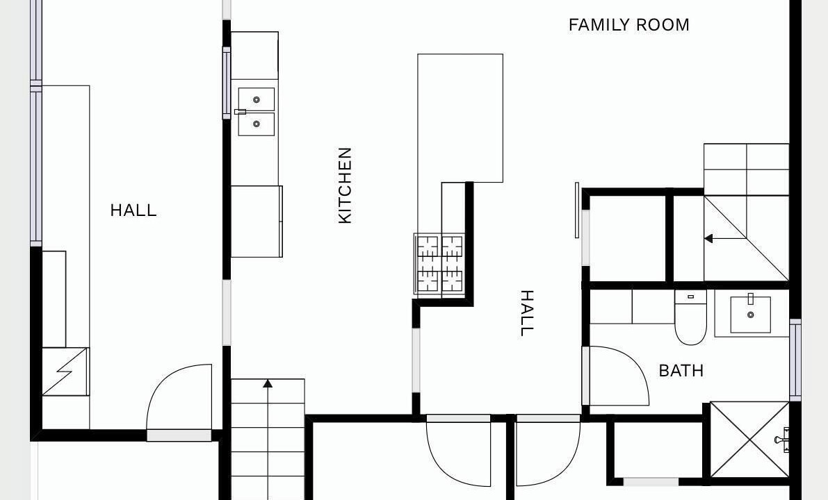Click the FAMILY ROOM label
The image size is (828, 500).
click(x=628, y=25)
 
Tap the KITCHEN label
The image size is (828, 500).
click(x=345, y=185)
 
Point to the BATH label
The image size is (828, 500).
click(x=681, y=371)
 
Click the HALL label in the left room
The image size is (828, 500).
click(x=133, y=210)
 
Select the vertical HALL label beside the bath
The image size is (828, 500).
click(x=527, y=312)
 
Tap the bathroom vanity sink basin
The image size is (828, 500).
click(x=750, y=315)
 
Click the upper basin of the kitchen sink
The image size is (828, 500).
click(x=256, y=99)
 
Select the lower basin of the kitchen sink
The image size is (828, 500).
click(x=256, y=124)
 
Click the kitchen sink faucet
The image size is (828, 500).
click(x=241, y=112)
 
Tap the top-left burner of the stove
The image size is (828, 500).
click(x=428, y=247)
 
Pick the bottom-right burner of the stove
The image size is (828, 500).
click(x=452, y=280)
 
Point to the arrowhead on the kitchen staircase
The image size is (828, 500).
click(x=268, y=383)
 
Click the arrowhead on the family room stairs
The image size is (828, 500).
click(x=708, y=238)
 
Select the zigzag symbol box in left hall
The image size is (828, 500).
click(x=65, y=372)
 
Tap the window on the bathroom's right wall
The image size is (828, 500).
click(x=795, y=360)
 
